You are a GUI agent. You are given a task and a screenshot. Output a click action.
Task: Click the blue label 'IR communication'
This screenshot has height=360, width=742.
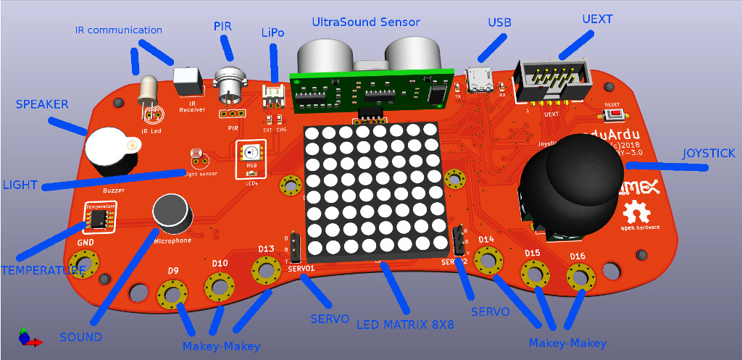119,30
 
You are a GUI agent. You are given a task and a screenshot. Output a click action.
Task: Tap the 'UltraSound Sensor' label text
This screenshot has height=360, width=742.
365,22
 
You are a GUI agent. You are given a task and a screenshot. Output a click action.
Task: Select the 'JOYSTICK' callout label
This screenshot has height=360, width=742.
709,154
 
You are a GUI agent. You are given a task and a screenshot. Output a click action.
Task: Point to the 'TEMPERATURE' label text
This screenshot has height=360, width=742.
43,270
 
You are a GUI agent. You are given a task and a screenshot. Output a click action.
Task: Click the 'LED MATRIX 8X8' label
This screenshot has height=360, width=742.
405,325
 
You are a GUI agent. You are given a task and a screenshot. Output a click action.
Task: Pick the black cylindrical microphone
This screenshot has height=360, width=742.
172,211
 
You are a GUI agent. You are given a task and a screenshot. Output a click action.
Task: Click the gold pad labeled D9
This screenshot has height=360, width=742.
172,293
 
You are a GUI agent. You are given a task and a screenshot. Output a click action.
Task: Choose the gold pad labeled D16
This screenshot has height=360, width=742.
579,276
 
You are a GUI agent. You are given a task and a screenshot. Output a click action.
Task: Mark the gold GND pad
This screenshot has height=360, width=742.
83,262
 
